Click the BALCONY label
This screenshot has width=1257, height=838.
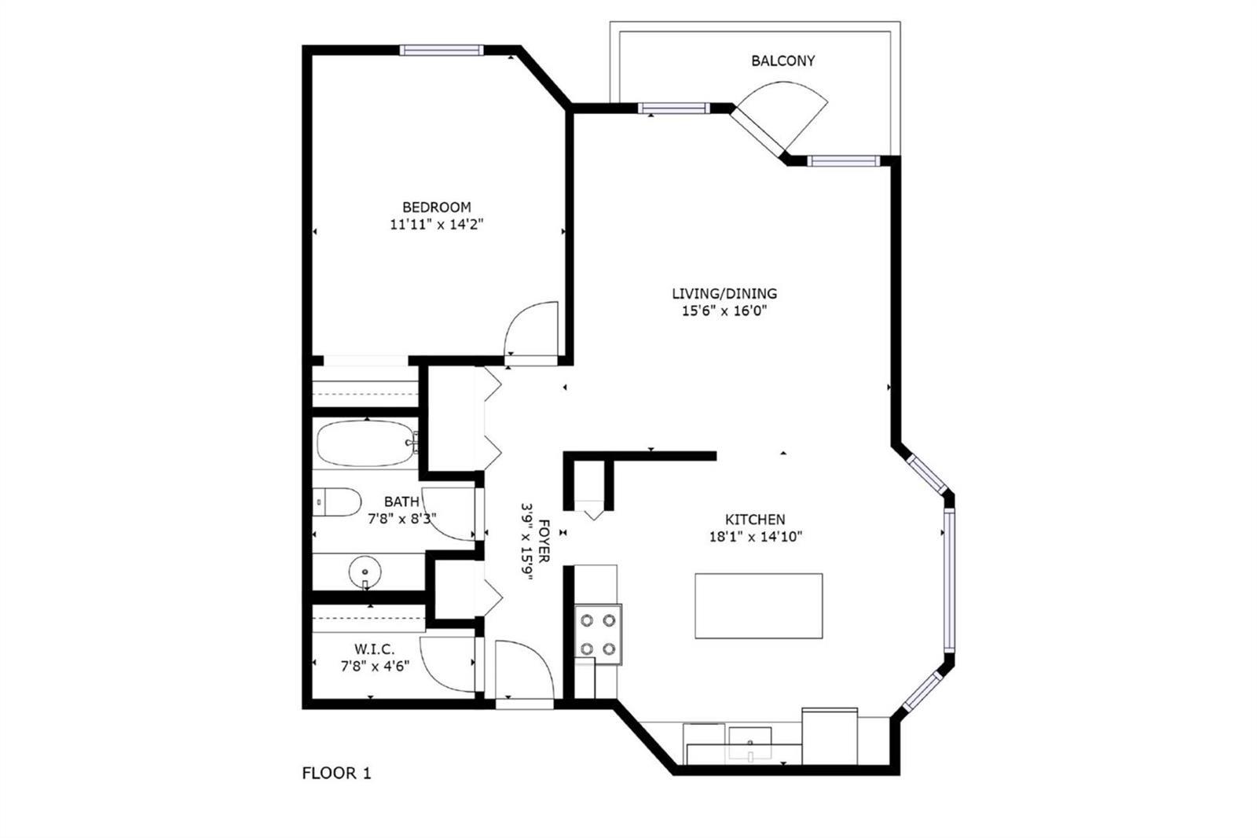pos(782,61)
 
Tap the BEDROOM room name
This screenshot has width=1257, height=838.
pos(437,208)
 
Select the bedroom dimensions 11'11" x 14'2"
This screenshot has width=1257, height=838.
pos(437,225)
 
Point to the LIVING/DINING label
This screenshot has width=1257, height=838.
pos(724,293)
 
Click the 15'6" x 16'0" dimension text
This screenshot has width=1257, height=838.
pos(724,311)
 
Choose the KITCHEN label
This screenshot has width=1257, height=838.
pos(755,520)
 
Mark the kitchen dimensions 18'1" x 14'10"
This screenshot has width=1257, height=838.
pos(755,537)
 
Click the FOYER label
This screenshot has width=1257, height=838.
pos(544,541)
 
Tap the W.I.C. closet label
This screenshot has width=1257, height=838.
pos(374,649)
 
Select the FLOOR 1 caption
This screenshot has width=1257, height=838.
pos(337,774)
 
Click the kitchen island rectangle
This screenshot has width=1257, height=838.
pos(759,605)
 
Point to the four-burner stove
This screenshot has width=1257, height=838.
pos(598,634)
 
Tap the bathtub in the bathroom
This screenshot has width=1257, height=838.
pos(366,443)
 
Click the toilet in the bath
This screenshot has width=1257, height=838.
pos(337,502)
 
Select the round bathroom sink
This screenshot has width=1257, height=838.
pos(365,572)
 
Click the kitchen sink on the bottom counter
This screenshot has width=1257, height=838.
pos(750,744)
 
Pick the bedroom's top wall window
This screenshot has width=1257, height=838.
pos(442,50)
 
